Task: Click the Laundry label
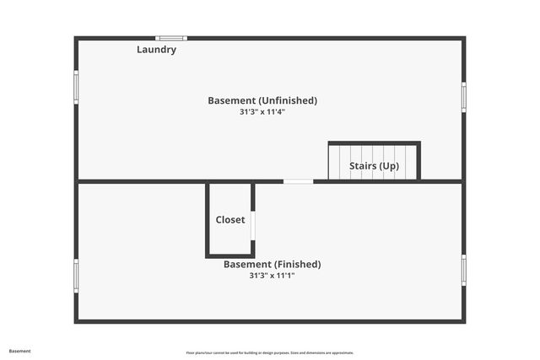[x=156, y=50]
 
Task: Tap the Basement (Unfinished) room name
[x=262, y=100]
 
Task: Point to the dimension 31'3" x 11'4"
[x=262, y=111]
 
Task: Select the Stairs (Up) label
[x=374, y=166]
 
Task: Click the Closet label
[x=230, y=219]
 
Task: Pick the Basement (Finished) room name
[x=272, y=264]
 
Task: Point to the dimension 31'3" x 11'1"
[x=272, y=275]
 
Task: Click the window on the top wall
[x=171, y=38]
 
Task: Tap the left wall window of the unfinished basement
[x=76, y=86]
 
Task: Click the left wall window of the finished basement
[x=76, y=275]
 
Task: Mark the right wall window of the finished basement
[x=463, y=269]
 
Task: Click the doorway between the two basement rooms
[x=298, y=181]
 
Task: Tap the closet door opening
[x=252, y=225]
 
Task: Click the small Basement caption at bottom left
[x=20, y=351]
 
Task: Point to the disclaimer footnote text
[x=270, y=352]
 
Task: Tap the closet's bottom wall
[x=229, y=255]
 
